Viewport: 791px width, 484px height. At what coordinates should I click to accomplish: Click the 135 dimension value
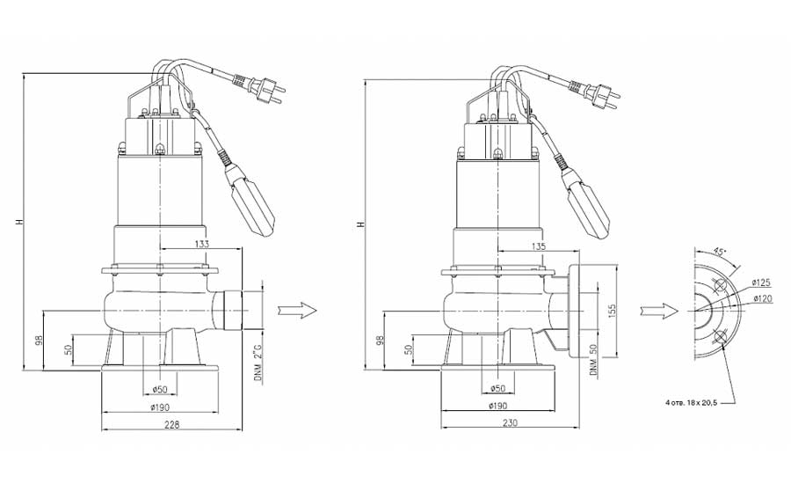point(539,246)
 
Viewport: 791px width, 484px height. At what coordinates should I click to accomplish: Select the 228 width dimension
point(172,424)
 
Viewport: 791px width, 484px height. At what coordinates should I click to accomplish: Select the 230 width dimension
point(511,423)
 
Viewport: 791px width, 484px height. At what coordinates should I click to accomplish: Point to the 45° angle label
point(721,251)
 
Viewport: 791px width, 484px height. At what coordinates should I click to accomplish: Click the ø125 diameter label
point(761,282)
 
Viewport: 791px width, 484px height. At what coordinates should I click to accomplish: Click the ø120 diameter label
point(763,298)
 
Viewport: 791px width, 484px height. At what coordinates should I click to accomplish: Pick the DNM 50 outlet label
point(594,360)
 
